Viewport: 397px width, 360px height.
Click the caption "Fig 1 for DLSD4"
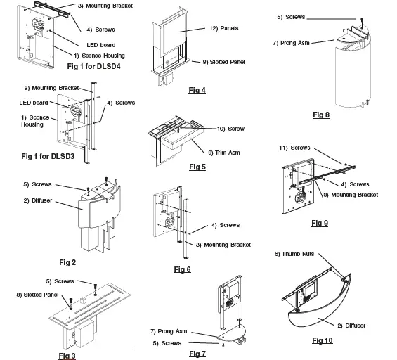click(x=93, y=66)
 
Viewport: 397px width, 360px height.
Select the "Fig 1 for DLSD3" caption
click(x=48, y=156)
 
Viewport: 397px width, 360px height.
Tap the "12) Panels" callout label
click(x=224, y=28)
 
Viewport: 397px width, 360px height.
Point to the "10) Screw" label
click(x=230, y=129)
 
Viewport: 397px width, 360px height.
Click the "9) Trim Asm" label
click(x=224, y=153)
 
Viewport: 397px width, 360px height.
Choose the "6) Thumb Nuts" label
click(x=294, y=254)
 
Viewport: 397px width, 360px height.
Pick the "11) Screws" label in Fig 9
click(x=294, y=148)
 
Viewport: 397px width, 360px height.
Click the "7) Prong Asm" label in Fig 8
click(x=291, y=43)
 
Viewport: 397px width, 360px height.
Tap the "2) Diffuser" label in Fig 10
click(x=351, y=326)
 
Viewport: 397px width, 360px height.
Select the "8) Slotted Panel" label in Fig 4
click(x=224, y=62)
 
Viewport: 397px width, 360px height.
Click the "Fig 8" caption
click(x=321, y=115)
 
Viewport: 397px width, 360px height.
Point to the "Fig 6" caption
click(x=182, y=269)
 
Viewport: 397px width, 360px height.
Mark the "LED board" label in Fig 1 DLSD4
click(x=101, y=45)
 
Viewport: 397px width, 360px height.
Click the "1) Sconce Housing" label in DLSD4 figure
click(x=99, y=56)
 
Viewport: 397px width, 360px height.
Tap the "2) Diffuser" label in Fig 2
click(x=38, y=200)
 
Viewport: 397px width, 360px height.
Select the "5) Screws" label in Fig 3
click(x=60, y=281)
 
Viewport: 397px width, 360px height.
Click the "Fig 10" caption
click(x=323, y=340)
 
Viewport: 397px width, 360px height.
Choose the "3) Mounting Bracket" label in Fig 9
click(x=351, y=195)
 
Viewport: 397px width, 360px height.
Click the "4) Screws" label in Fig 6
click(x=226, y=225)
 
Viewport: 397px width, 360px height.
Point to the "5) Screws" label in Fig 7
click(x=167, y=343)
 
